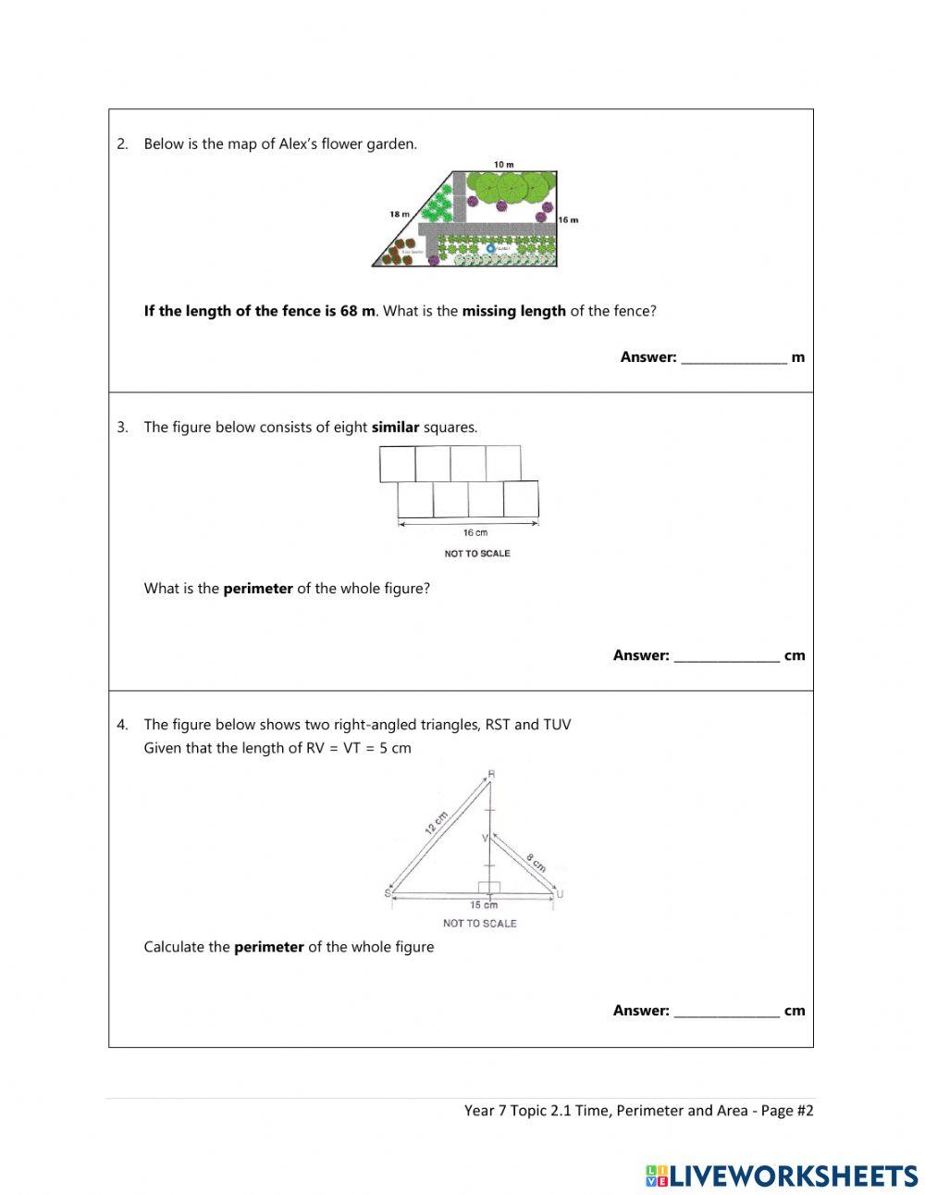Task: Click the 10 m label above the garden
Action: [503, 164]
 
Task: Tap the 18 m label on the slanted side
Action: [400, 214]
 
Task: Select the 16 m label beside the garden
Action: [568, 219]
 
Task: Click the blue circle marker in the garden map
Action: [490, 248]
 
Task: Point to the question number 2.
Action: [122, 143]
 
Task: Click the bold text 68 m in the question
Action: [356, 311]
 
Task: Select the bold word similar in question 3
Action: [395, 428]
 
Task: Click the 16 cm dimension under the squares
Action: [475, 532]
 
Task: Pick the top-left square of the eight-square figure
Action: [398, 464]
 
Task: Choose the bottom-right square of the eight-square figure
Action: [521, 500]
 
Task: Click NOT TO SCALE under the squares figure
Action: [477, 554]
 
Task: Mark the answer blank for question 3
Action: [726, 656]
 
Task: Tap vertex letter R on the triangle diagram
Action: [491, 774]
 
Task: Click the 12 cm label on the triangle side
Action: [436, 822]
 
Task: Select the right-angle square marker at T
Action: [489, 887]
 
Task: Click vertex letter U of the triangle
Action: [560, 893]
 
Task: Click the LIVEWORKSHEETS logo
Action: [781, 1176]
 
